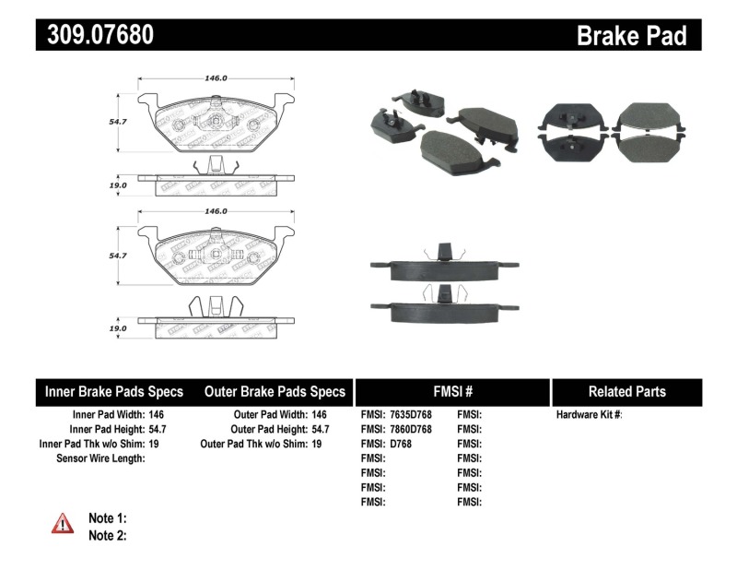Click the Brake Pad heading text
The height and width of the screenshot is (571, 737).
[631, 36]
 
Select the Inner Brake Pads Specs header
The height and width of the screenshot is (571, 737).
[114, 391]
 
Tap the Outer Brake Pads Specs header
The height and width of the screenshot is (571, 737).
[275, 391]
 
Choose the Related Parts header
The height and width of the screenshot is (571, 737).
[626, 391]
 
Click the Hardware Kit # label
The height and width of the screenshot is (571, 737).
[590, 415]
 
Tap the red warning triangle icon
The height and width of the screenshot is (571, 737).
[62, 524]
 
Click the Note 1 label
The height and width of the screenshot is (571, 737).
[107, 517]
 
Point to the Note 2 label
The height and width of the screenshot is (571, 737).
[107, 534]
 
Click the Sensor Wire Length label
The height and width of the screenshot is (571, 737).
[101, 458]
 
